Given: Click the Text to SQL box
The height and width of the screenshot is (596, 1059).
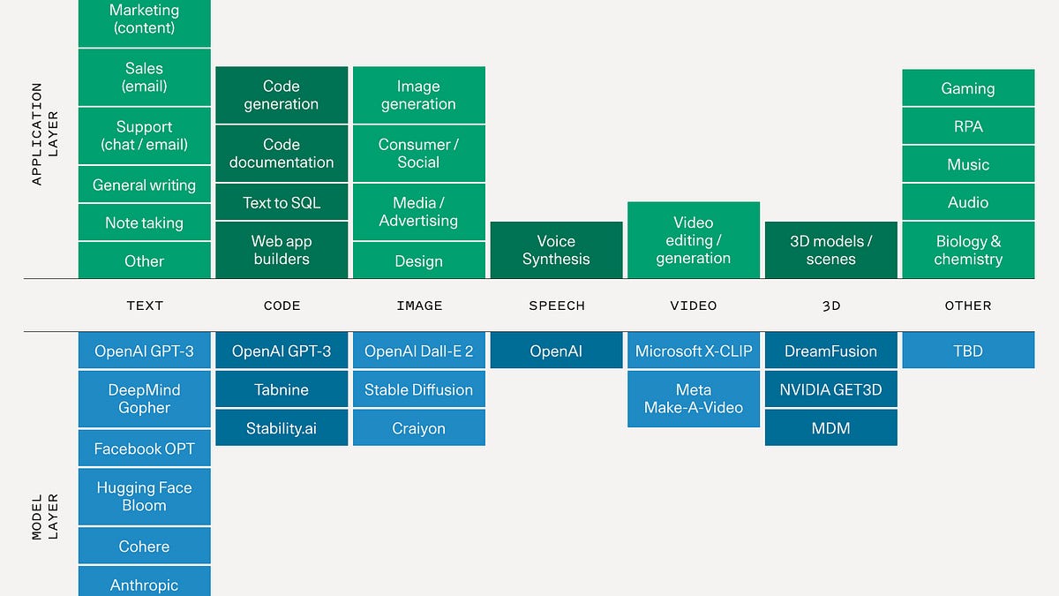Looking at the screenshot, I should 282,202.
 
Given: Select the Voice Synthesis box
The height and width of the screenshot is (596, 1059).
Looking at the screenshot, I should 556,250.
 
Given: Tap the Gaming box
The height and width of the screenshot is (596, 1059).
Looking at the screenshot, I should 968,88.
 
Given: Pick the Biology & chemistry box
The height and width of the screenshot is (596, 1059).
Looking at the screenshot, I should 968,250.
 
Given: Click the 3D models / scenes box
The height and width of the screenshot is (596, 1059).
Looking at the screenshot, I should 830,250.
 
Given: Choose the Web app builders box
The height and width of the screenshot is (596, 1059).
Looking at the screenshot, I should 282,250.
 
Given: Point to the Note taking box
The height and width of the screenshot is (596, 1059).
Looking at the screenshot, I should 145,223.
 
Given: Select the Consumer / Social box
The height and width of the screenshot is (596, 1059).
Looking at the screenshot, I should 418,153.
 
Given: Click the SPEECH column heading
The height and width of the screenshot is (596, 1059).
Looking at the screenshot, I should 557,306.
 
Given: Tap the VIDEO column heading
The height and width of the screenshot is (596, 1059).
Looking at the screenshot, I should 694,306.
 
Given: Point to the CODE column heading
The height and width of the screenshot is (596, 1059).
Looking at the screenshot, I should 282,306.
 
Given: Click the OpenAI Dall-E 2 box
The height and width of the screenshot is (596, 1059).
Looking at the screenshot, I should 418,351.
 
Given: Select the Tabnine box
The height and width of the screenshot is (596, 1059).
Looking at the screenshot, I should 282,389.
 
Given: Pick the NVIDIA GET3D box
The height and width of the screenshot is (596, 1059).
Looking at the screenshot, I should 830,389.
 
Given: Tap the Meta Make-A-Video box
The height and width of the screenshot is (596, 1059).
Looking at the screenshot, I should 694,398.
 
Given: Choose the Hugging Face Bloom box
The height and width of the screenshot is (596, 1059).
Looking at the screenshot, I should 145,496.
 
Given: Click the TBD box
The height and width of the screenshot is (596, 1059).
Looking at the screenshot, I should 968,351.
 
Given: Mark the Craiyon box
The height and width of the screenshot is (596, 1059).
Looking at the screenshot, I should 418,428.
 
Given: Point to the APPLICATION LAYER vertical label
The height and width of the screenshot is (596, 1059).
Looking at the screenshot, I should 44,133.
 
